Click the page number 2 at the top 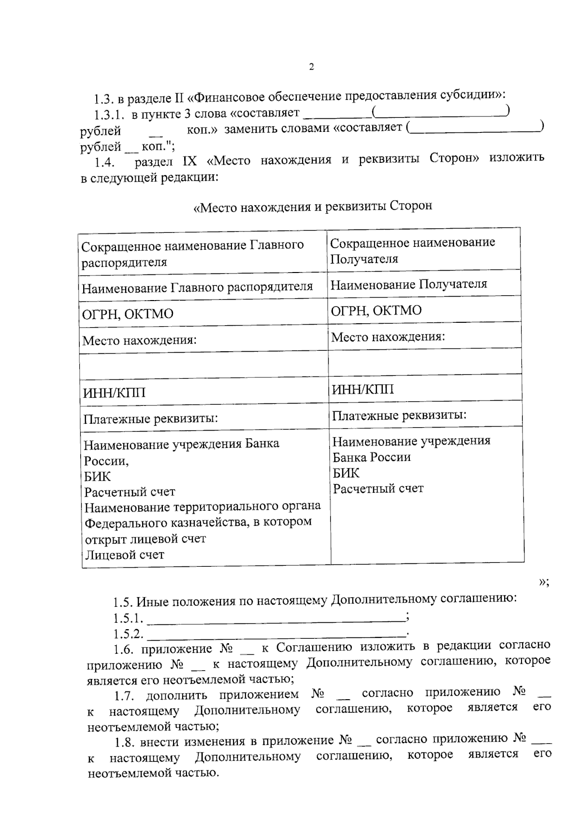311,67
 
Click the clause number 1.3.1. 109,115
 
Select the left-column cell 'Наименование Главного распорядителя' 197,288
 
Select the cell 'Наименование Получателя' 408,284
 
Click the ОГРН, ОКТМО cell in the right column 376,310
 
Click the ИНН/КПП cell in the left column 114,393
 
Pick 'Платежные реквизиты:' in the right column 399,415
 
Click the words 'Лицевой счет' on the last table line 125,555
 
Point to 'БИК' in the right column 346,473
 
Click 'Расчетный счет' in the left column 130,492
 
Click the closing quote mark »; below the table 544,582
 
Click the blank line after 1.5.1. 275,619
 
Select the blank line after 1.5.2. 275,634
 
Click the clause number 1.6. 124,649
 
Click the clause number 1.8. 125,742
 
